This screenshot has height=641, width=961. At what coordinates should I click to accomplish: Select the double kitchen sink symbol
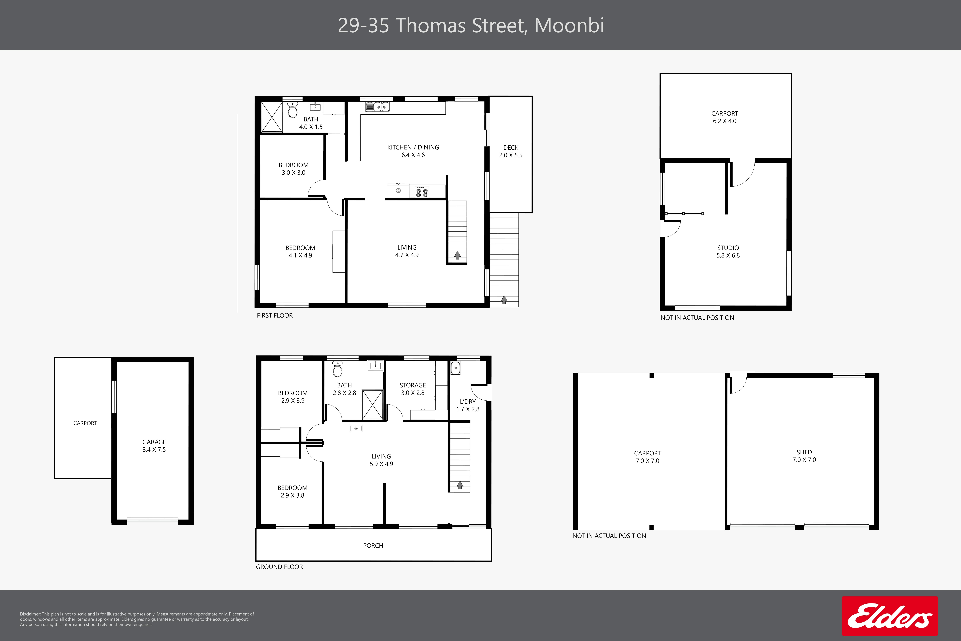(378, 107)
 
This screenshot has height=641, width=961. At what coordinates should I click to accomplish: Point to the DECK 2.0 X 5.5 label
(511, 151)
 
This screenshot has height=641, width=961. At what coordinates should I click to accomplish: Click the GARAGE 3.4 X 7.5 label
(154, 446)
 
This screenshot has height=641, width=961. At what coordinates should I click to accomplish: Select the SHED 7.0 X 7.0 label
(804, 456)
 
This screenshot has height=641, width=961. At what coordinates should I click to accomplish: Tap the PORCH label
(373, 546)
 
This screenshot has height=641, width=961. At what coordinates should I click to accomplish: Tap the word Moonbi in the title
(569, 25)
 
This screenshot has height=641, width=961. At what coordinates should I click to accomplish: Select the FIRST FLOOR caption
(275, 316)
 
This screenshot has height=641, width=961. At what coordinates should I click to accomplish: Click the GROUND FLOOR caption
(279, 567)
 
